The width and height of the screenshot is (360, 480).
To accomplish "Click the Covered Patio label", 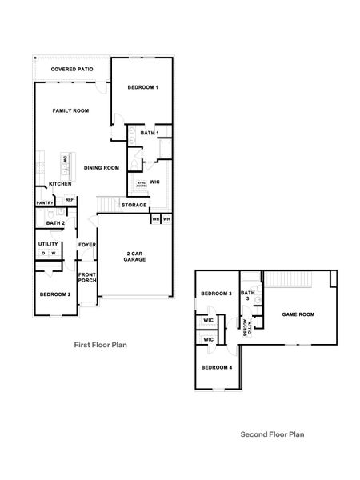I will [72, 70].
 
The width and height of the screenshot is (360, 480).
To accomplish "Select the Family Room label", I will [70, 110].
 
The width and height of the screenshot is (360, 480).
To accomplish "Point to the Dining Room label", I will [102, 167].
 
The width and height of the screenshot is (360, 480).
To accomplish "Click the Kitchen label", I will [61, 184].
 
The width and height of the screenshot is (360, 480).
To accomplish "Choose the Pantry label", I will [45, 203].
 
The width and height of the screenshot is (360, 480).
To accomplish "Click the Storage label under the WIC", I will [134, 205].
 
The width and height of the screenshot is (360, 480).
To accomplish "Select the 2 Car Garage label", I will [135, 257].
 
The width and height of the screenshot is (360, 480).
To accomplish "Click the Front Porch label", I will [87, 279].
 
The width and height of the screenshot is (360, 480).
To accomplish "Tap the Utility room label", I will [49, 244].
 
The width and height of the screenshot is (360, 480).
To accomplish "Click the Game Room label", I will [298, 314].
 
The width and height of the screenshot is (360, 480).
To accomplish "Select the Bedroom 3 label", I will [216, 294].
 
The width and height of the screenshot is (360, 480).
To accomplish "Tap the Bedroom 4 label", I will [216, 367].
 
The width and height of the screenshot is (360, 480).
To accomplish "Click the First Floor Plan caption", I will [101, 345].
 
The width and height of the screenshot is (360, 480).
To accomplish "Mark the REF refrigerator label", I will [70, 199].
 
